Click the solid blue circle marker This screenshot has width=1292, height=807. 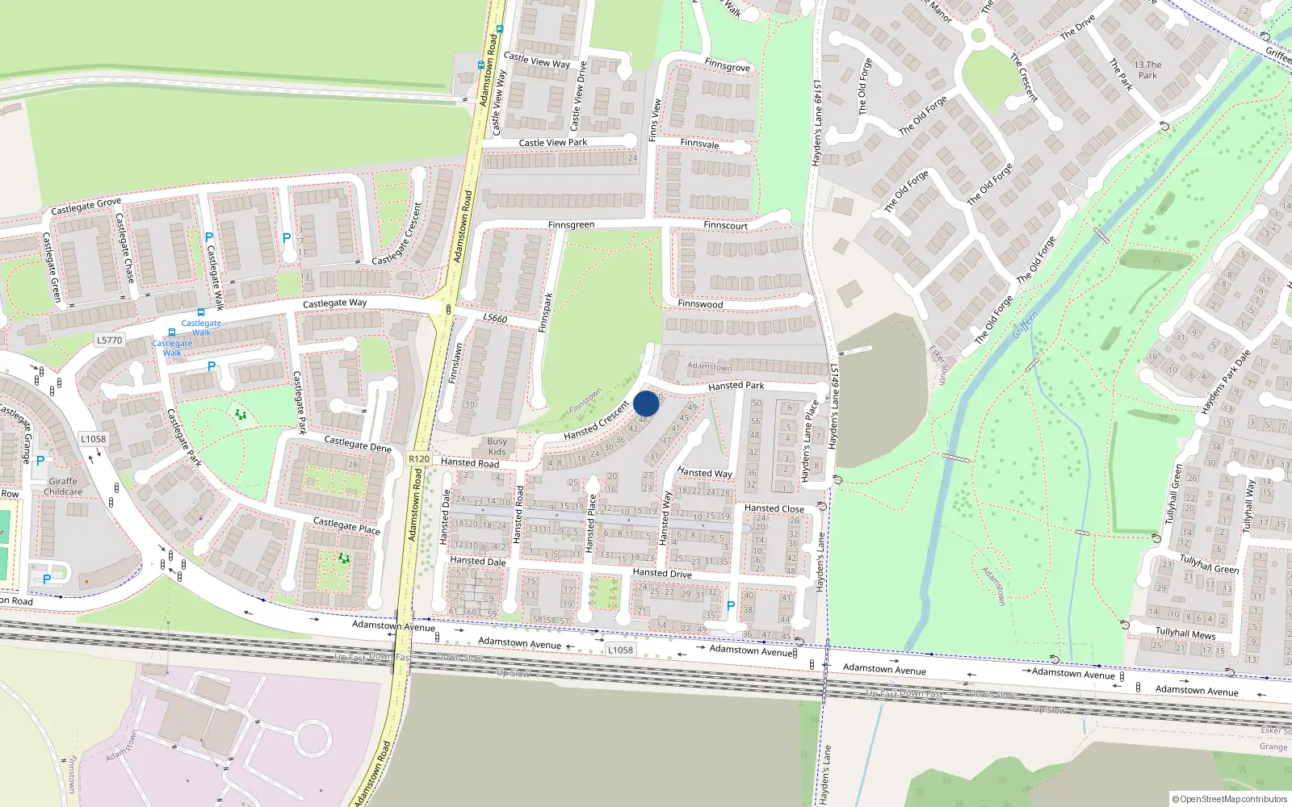coord(646,403)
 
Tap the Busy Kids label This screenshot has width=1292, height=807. coord(497,446)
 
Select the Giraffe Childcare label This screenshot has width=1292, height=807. coord(63,487)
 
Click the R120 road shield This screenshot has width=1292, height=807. coord(419,458)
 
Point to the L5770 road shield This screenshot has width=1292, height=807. coord(109,340)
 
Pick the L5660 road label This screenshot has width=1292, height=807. coord(495,318)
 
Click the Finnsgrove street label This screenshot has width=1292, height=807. coord(728,66)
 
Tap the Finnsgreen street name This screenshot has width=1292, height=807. coord(571,225)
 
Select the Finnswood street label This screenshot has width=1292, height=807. coord(700,304)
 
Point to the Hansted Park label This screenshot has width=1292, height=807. coord(736,386)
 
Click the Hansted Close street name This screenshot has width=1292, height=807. coord(774,508)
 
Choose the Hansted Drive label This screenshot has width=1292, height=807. coord(662,573)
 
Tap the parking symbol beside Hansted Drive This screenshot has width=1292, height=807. coord(731,606)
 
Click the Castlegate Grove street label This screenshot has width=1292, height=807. coord(86,207)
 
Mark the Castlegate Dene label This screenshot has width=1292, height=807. coord(357,444)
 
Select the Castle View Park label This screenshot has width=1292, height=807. coord(552,143)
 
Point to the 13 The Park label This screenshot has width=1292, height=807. coord(1147,70)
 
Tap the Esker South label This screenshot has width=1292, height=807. coord(938,365)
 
